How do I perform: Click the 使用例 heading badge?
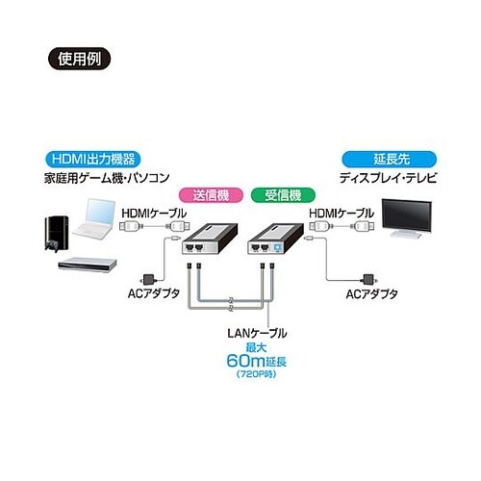pos(76,55)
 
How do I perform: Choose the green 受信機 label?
pos(276,195)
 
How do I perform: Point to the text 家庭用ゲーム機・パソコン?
pos(108,178)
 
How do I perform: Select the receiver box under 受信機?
pos(277,238)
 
